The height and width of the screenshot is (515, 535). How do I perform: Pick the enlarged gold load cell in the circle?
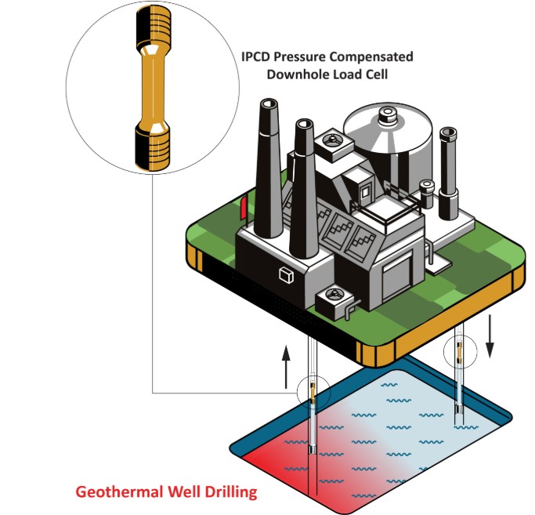tap(150, 95)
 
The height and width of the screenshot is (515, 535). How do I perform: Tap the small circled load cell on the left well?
tap(313, 390)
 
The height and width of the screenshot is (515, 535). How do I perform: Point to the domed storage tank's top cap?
tap(387, 116)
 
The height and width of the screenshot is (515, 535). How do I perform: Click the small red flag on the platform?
tap(244, 209)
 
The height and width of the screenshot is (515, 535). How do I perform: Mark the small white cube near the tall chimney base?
tap(285, 274)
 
